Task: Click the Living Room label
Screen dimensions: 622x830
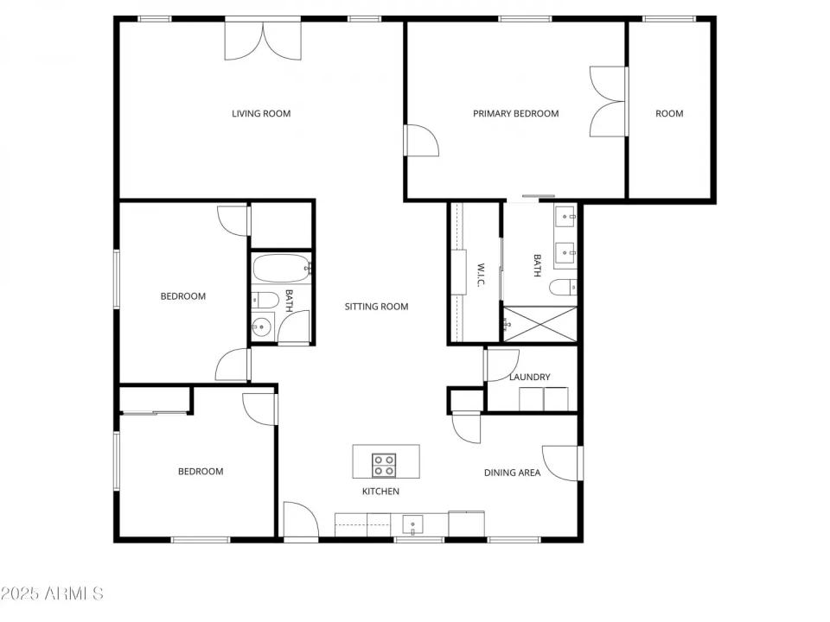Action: [260, 113]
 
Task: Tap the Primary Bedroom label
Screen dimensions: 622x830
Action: [515, 113]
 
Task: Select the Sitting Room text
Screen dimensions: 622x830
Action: [376, 307]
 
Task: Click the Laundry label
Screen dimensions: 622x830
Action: [529, 377]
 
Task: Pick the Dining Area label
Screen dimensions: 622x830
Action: [512, 473]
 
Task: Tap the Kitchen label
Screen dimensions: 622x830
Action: [380, 492]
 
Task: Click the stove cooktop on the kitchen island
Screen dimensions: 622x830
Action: [385, 466]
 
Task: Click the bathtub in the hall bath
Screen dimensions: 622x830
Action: [280, 270]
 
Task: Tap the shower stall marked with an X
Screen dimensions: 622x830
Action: [539, 325]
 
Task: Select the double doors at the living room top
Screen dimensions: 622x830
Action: [264, 41]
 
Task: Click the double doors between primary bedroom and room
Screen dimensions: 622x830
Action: [608, 102]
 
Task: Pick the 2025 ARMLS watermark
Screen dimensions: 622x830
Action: [52, 593]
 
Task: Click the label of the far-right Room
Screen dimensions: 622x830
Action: [669, 113]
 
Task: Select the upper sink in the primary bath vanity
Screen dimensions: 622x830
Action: [566, 216]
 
